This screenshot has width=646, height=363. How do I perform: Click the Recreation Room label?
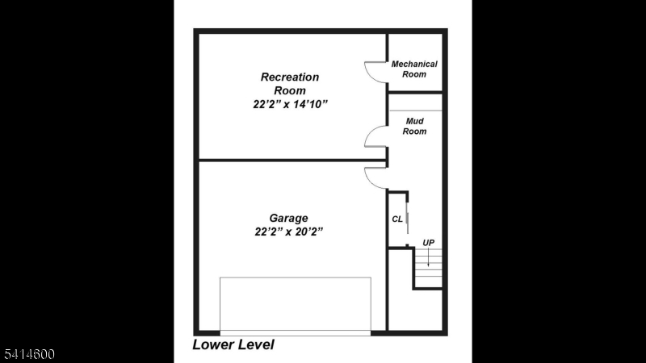pyautogui.click(x=290, y=84)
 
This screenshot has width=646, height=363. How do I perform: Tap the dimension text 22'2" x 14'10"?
pyautogui.click(x=290, y=104)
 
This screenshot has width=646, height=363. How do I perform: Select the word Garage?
pyautogui.click(x=288, y=218)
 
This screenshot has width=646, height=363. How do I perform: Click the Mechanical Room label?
pyautogui.click(x=414, y=69)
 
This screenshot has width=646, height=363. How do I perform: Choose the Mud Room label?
pyautogui.click(x=415, y=126)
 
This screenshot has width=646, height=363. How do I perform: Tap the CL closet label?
pyautogui.click(x=397, y=218)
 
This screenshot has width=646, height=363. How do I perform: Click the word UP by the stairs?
pyautogui.click(x=428, y=242)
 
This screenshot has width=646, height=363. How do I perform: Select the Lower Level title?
pyautogui.click(x=233, y=344)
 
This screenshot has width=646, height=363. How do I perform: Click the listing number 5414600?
pyautogui.click(x=28, y=354)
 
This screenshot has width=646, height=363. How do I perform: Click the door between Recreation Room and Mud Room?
pyautogui.click(x=375, y=137)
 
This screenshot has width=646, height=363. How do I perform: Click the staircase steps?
pyautogui.click(x=429, y=269)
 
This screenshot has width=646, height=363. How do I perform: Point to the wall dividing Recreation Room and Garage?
pyautogui.click(x=291, y=160)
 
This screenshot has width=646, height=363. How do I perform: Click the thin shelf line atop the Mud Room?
pyautogui.click(x=415, y=110)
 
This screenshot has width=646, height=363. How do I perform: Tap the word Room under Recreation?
pyautogui.click(x=290, y=90)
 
